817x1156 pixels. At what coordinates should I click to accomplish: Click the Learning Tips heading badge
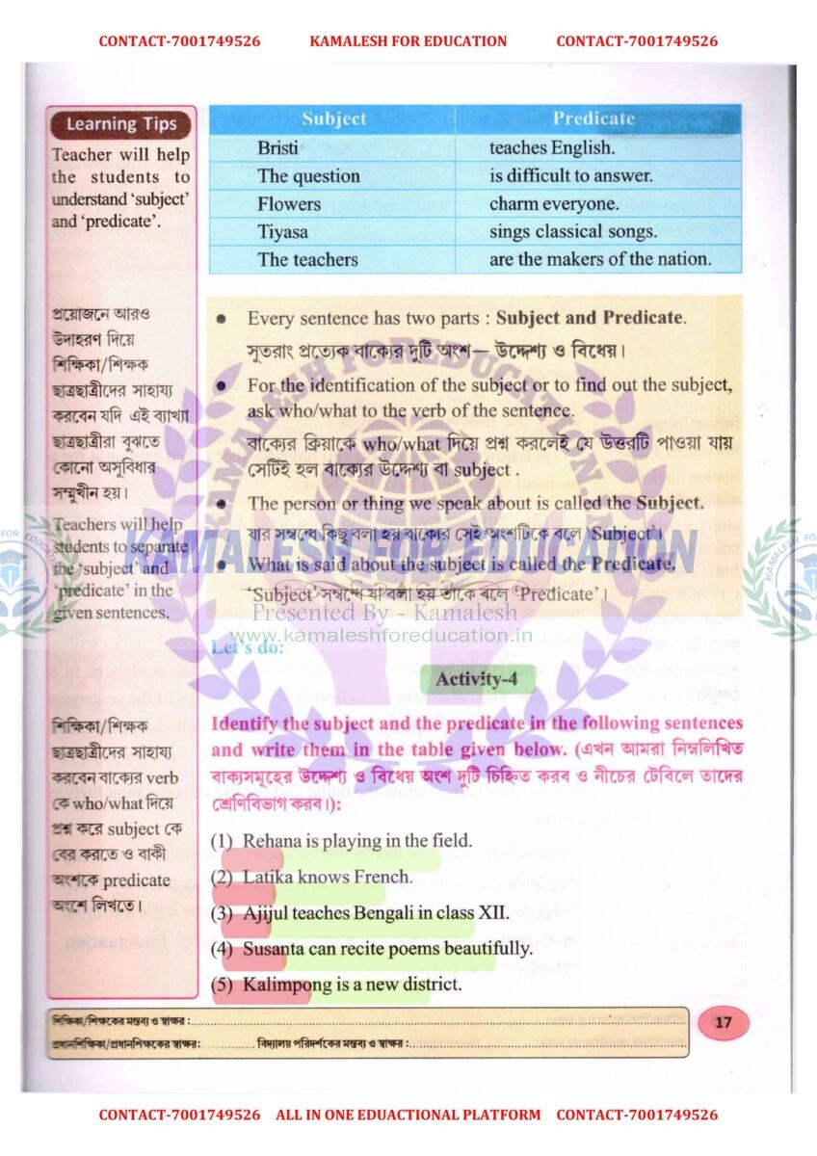(121, 124)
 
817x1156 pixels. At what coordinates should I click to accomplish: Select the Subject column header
(333, 119)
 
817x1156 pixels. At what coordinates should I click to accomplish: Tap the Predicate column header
(593, 119)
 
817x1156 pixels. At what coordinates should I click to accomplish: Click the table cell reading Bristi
(277, 148)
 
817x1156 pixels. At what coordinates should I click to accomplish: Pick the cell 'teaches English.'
(551, 148)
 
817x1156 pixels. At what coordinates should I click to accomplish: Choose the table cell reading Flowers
(289, 204)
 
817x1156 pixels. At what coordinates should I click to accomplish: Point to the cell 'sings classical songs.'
(572, 232)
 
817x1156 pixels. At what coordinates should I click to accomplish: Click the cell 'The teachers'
(307, 259)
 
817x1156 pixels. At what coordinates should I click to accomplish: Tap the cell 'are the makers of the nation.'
(599, 259)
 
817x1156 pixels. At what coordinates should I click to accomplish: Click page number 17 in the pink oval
(723, 1023)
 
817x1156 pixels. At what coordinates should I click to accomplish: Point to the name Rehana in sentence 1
(272, 841)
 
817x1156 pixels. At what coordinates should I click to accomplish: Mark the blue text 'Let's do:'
(247, 648)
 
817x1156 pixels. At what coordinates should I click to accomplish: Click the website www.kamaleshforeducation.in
(382, 635)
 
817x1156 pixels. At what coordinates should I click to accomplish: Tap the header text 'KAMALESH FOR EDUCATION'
(408, 41)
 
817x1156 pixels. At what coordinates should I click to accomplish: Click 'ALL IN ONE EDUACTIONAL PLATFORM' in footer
(408, 1115)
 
